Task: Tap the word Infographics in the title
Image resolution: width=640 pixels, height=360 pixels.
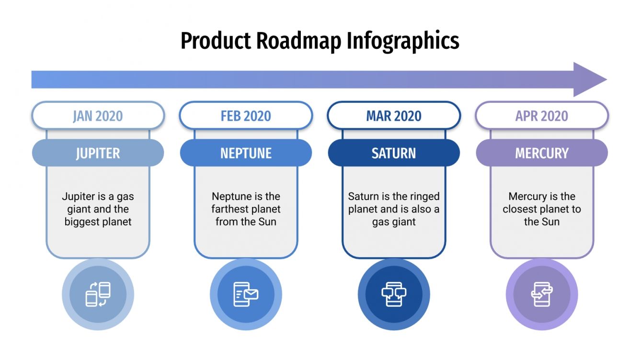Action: pyautogui.click(x=403, y=42)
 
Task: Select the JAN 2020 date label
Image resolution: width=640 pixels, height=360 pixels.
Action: pyautogui.click(x=98, y=116)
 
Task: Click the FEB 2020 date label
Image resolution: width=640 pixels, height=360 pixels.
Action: pyautogui.click(x=246, y=116)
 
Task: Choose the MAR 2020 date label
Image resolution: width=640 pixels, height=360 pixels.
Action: pyautogui.click(x=394, y=116)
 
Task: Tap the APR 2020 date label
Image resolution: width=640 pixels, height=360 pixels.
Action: pyautogui.click(x=542, y=116)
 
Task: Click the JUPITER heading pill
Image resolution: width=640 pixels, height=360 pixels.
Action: pyautogui.click(x=98, y=153)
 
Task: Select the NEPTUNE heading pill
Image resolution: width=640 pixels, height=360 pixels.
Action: pyautogui.click(x=246, y=153)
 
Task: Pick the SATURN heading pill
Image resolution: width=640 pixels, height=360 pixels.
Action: pyautogui.click(x=394, y=153)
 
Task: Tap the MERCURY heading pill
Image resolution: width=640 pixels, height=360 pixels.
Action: pyautogui.click(x=542, y=153)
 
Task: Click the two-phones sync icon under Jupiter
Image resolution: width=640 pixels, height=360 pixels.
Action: pyautogui.click(x=98, y=294)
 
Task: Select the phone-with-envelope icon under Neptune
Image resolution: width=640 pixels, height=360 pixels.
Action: pyautogui.click(x=246, y=294)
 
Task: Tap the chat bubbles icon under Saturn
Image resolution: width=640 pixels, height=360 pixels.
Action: pyautogui.click(x=394, y=294)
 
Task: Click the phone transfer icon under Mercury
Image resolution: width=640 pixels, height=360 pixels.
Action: pyautogui.click(x=542, y=294)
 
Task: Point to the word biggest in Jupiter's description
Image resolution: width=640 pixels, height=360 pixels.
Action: pyautogui.click(x=81, y=222)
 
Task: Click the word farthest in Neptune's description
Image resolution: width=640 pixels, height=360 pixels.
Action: pyautogui.click(x=229, y=210)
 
